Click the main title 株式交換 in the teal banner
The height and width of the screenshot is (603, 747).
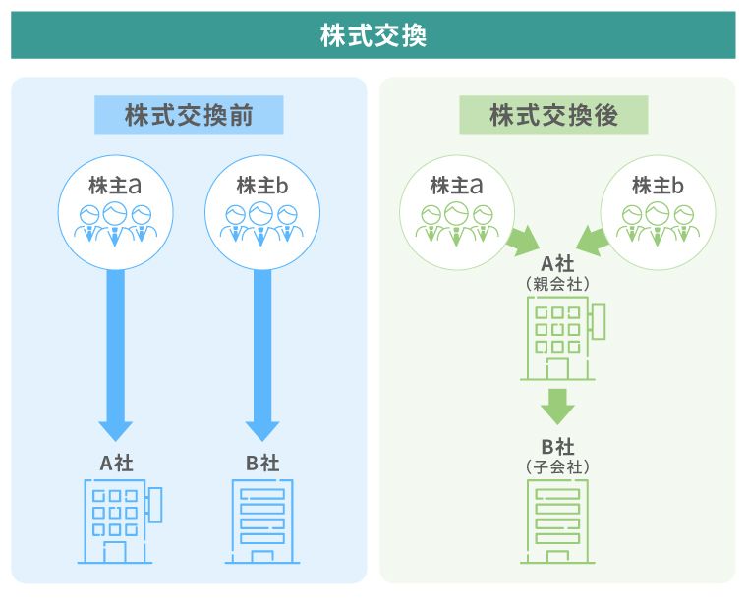click(373, 35)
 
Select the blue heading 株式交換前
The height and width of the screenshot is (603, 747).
click(189, 115)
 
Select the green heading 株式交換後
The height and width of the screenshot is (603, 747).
click(553, 115)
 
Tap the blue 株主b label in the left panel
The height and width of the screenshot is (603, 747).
click(261, 184)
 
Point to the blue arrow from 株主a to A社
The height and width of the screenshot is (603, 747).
click(116, 354)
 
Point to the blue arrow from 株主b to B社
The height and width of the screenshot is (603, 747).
click(261, 354)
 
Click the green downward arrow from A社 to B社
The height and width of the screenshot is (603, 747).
click(557, 405)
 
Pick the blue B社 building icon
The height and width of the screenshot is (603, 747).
click(261, 521)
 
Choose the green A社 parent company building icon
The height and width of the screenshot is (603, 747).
click(560, 338)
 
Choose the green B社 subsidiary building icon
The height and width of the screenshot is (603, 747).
click(557, 521)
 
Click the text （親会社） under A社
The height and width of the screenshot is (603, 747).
click(557, 282)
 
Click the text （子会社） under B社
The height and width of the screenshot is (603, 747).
click(557, 466)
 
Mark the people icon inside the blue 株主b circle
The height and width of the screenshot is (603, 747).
click(261, 222)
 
